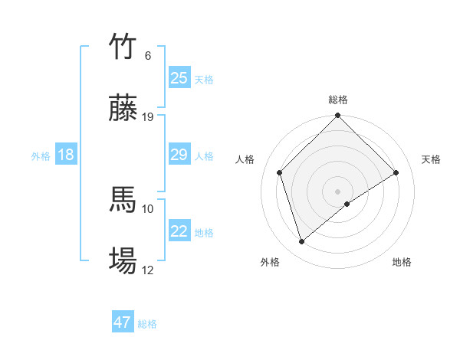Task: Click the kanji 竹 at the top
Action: (x=123, y=47)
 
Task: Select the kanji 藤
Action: (x=123, y=109)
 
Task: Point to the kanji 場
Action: (x=123, y=261)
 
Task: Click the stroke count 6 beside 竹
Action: (x=148, y=56)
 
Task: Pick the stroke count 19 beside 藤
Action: (x=148, y=117)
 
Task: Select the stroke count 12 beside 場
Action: (x=148, y=270)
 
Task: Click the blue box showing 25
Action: (x=179, y=78)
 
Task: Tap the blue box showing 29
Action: (x=179, y=155)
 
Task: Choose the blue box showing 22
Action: (x=179, y=231)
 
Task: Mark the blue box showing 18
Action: (x=66, y=155)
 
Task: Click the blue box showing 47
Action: (x=123, y=322)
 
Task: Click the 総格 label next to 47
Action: (x=147, y=324)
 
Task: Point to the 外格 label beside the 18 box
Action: (x=41, y=156)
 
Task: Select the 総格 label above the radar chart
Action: (x=338, y=100)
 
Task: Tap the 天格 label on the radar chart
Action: (x=432, y=159)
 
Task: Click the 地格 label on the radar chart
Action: (x=402, y=263)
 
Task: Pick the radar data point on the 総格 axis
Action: (x=338, y=116)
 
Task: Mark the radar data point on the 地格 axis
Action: (x=347, y=204)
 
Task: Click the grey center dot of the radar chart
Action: (x=338, y=191)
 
